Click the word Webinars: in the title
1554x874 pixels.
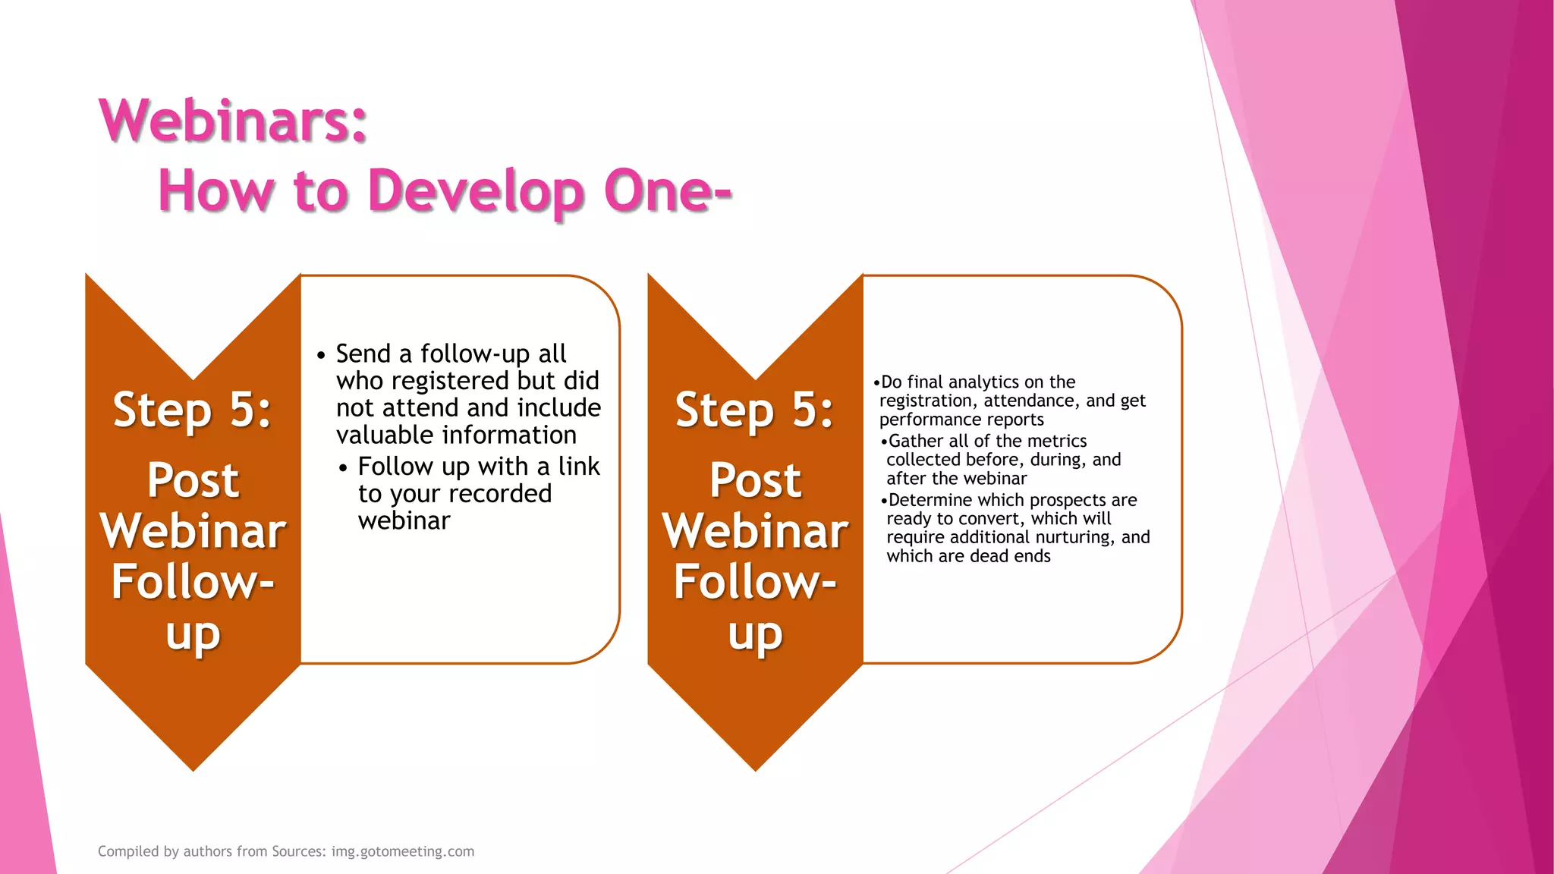pyautogui.click(x=233, y=121)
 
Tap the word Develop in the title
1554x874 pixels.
pyautogui.click(x=476, y=191)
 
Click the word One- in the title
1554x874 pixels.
pyautogui.click(x=668, y=191)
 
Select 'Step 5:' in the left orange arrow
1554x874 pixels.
pyautogui.click(x=192, y=410)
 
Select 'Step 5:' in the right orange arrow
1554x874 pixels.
pyautogui.click(x=754, y=410)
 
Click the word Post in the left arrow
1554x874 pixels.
pyautogui.click(x=193, y=480)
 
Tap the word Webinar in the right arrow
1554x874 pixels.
pyautogui.click(x=755, y=531)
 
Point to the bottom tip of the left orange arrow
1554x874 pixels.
pyautogui.click(x=193, y=768)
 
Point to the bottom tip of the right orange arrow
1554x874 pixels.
pyautogui.click(x=756, y=768)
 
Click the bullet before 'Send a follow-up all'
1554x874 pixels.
pyautogui.click(x=321, y=355)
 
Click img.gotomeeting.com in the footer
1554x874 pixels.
pyautogui.click(x=402, y=851)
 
